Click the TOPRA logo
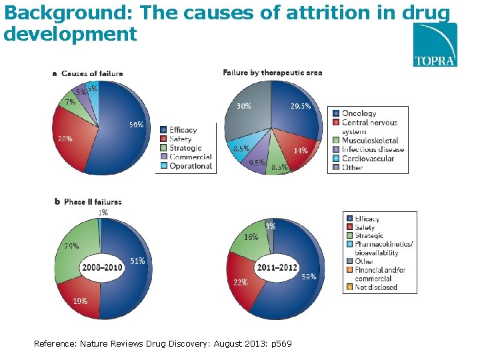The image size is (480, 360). coord(435,45)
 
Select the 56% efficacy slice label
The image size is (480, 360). coord(136,124)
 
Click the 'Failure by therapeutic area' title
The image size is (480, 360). coord(272,72)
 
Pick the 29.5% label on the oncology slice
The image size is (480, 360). coord(300,105)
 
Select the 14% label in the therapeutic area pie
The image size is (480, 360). coord(301,151)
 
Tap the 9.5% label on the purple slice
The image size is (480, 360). coord(257,162)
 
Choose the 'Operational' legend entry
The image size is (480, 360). coord(190,165)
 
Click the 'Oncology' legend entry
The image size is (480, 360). coord(359,113)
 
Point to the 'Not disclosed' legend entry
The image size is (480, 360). coord(377,287)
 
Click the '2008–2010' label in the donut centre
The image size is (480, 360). coord(101,267)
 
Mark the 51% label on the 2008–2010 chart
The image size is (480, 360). coord(137,261)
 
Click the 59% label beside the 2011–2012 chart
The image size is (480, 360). coord(309,276)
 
